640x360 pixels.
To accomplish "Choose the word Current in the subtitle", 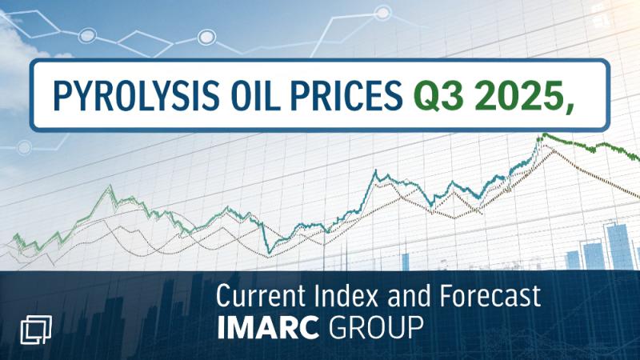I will coord(262,298).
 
